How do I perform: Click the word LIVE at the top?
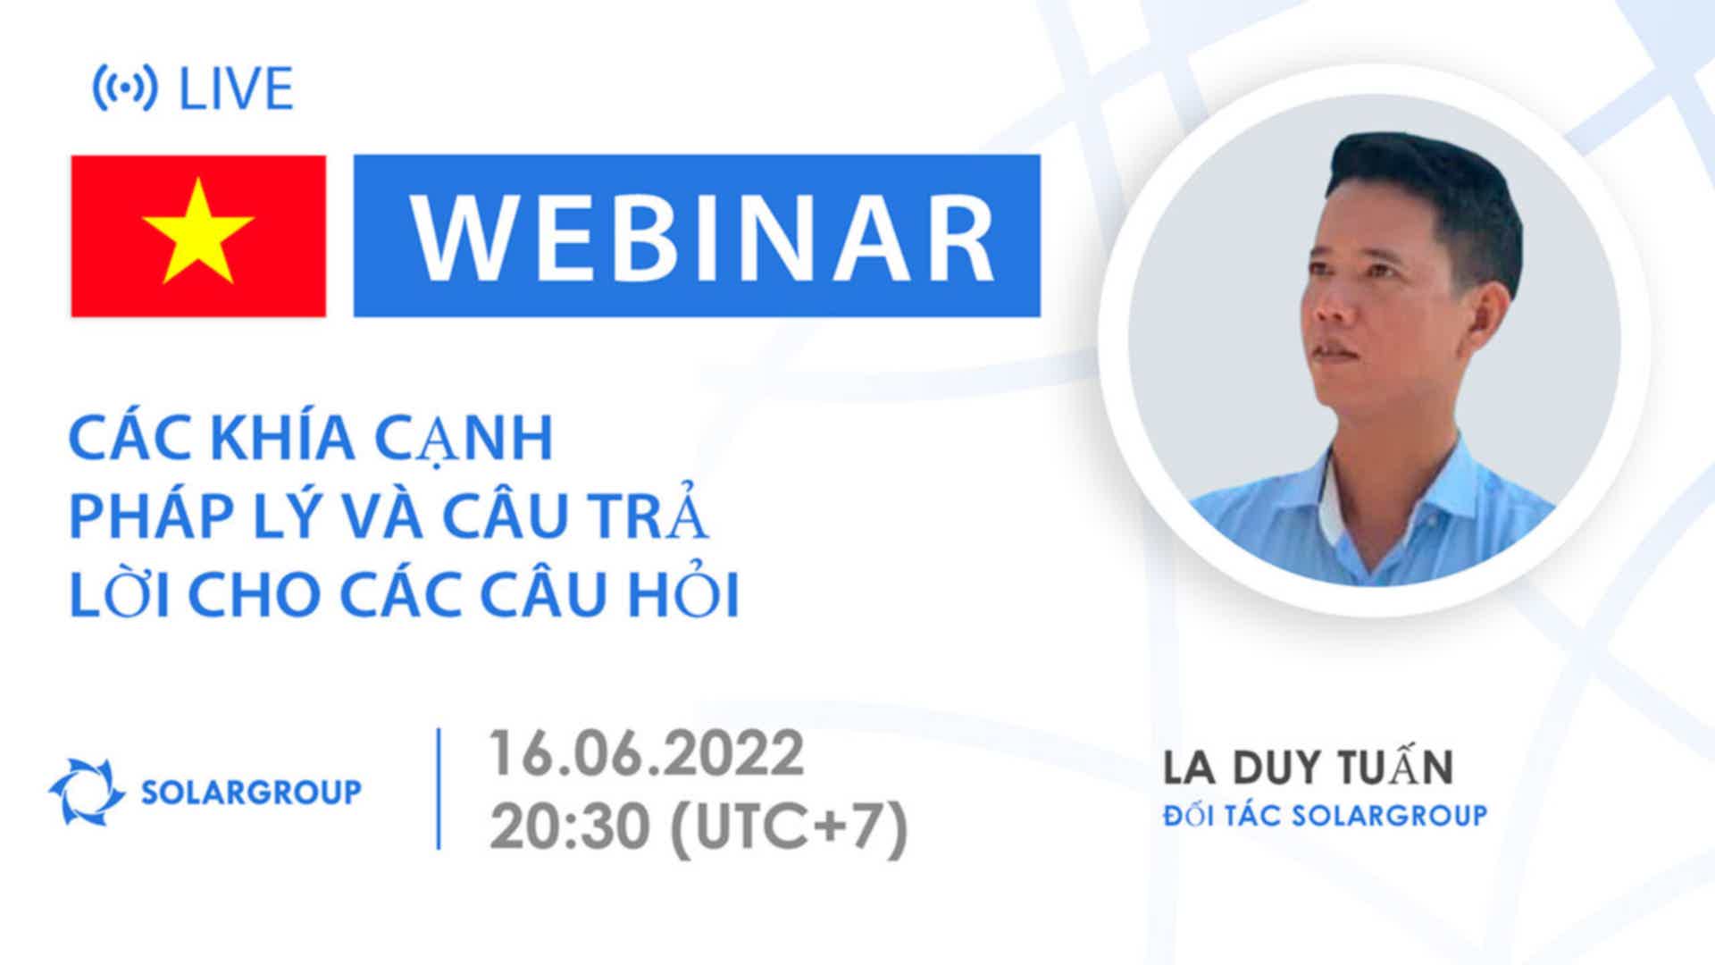tap(237, 88)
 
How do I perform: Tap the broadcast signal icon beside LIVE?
tap(125, 88)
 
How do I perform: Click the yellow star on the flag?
tap(198, 232)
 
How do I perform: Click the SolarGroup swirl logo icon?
tap(87, 791)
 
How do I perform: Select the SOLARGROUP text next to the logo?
tap(252, 792)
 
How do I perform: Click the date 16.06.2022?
tap(646, 754)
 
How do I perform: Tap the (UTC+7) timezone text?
tap(788, 827)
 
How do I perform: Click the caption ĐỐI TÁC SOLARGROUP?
tap(1325, 815)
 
